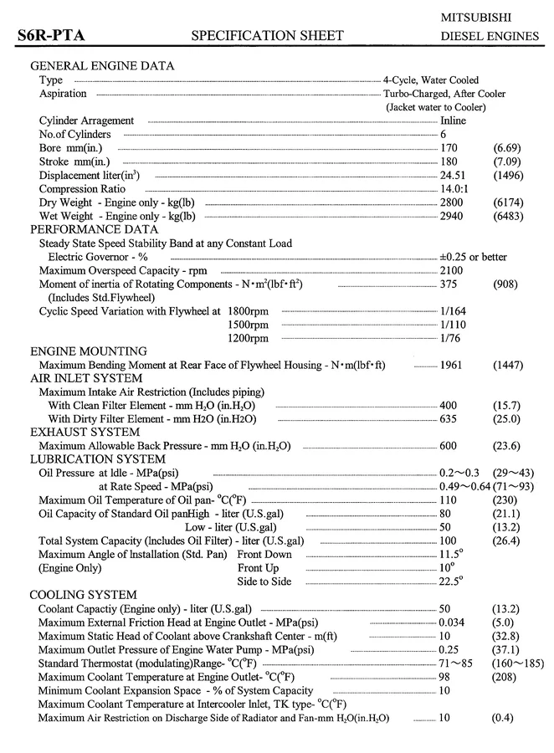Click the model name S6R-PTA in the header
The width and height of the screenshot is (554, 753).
click(x=51, y=35)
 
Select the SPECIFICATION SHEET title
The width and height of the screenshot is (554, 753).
click(x=268, y=35)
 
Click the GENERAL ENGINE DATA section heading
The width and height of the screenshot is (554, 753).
click(x=102, y=66)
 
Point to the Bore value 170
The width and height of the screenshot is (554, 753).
click(x=449, y=147)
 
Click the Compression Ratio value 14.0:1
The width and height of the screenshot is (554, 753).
click(x=454, y=188)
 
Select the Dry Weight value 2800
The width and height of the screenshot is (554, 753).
click(x=451, y=202)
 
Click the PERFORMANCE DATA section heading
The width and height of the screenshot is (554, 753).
click(x=94, y=229)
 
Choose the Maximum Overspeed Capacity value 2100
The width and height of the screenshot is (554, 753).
click(x=451, y=270)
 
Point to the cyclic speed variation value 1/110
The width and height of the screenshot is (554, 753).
click(x=454, y=324)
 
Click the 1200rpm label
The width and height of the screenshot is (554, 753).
click(x=249, y=338)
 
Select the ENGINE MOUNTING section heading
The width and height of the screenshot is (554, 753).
click(x=89, y=351)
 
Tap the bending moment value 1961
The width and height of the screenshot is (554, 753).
click(x=451, y=365)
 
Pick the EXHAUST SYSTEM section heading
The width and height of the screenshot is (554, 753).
click(x=85, y=432)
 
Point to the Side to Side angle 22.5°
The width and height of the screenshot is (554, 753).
click(x=451, y=581)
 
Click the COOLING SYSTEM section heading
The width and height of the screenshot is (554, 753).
click(x=84, y=595)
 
